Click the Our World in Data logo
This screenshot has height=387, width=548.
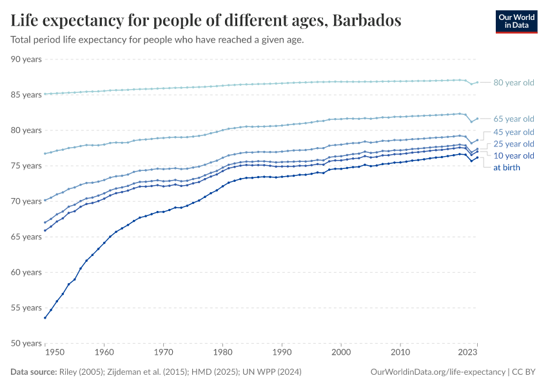(x=516, y=21)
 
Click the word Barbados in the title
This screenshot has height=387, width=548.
(x=367, y=21)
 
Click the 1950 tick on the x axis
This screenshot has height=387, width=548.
(x=55, y=353)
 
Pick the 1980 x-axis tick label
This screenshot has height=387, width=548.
(x=222, y=353)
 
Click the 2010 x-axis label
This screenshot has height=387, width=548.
(x=400, y=353)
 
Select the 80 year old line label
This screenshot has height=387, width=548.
(x=514, y=83)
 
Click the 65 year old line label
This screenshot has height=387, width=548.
(x=514, y=119)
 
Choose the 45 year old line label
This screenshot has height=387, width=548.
(x=514, y=132)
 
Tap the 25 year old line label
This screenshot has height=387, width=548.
(x=514, y=144)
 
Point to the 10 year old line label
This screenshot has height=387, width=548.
(x=514, y=156)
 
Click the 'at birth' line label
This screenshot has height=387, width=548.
(x=506, y=168)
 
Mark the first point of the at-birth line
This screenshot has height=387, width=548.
(x=44, y=318)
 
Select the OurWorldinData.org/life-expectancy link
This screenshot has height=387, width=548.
(x=438, y=372)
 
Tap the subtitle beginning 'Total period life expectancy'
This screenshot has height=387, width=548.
(x=157, y=39)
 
